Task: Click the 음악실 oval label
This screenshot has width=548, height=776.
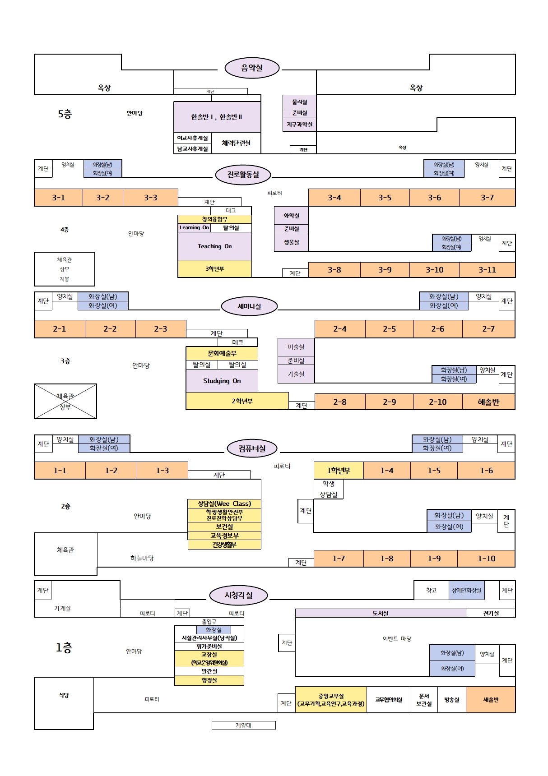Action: coord(252,68)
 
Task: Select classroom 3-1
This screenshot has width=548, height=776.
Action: coord(58,198)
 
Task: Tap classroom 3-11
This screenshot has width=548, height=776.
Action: coord(487,270)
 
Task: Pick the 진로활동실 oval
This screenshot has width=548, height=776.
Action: coord(243,175)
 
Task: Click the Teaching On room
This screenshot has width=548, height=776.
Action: coord(214,246)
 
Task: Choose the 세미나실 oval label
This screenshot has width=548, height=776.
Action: coord(249,306)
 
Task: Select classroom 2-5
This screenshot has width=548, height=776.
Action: coord(389,329)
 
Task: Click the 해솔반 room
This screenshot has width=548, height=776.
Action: coord(488,402)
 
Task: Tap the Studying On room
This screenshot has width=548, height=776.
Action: coord(222,381)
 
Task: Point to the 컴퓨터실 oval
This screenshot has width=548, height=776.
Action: coord(252,448)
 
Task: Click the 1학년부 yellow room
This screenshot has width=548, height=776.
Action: coord(339,471)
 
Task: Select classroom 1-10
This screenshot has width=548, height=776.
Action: coord(486,559)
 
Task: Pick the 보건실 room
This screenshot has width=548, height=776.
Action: coord(224,527)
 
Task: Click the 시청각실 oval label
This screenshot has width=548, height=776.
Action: coord(238,595)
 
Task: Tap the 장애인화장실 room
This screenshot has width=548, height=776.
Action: coord(466,590)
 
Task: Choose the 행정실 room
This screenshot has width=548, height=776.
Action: coord(209,680)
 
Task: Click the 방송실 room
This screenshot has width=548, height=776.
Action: coord(451,700)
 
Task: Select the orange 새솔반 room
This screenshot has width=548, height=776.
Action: coord(491,700)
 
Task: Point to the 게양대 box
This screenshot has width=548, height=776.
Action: coord(243,725)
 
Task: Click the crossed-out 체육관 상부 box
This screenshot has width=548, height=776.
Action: coord(65,401)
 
